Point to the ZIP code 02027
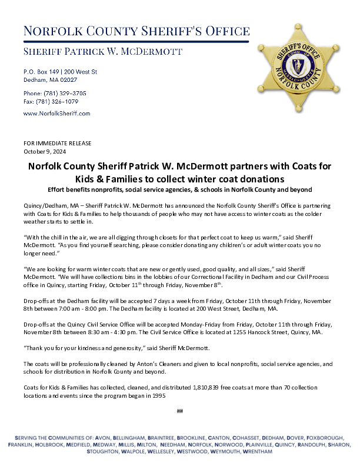(68, 79)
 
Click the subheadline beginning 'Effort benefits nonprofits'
(179, 189)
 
